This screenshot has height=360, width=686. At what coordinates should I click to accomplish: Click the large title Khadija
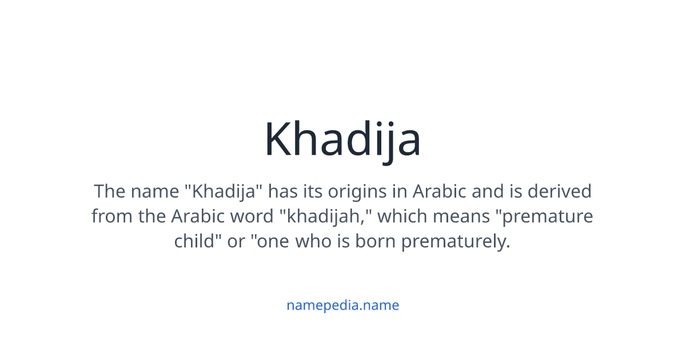tap(342, 140)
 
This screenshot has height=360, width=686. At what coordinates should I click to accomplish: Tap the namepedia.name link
tap(342, 305)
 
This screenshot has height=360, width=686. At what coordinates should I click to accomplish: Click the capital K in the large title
tap(278, 140)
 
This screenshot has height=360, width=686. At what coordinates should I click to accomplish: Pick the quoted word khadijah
tap(324, 217)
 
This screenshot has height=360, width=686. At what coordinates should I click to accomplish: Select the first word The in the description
tap(110, 191)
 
